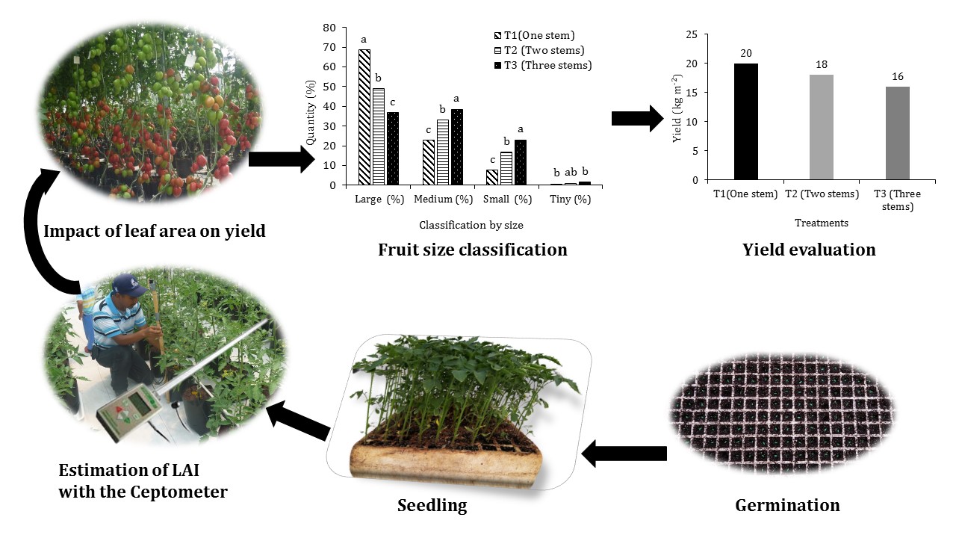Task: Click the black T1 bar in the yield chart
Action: pos(745,122)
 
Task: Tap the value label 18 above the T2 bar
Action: pos(822,66)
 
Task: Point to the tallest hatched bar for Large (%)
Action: pos(364,117)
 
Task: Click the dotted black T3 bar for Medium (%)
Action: pos(457,146)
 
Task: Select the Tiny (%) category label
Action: pos(570,200)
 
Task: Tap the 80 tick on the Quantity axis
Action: pos(329,28)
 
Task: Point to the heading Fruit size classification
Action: pos(472,250)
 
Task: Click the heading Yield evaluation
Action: pos(809,250)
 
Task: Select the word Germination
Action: pos(787,505)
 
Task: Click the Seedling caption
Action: pos(432,505)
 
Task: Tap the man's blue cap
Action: pos(128,284)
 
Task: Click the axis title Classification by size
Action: pos(471,224)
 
